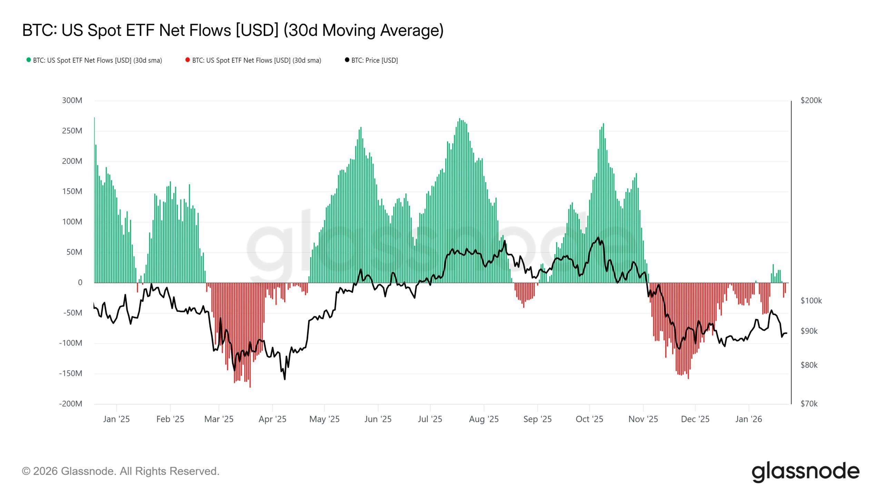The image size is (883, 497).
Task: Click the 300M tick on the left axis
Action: point(72,100)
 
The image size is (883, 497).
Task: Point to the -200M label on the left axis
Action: point(70,403)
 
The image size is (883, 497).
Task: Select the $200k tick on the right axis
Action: point(811,100)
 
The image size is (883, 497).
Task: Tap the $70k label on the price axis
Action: point(809,403)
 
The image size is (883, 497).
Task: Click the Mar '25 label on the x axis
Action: point(219,419)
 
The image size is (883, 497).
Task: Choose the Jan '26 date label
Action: point(748,419)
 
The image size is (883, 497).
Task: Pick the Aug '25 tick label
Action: point(484,419)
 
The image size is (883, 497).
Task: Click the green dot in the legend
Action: point(29,60)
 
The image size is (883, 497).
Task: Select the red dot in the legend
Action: point(188,60)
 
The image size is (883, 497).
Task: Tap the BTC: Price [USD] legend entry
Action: point(374,60)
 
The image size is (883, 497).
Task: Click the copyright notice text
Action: point(121,471)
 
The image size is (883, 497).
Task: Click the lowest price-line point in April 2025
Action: point(285,379)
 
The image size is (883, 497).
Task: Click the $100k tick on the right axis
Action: point(811,301)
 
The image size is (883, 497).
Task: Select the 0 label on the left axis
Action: point(80,282)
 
